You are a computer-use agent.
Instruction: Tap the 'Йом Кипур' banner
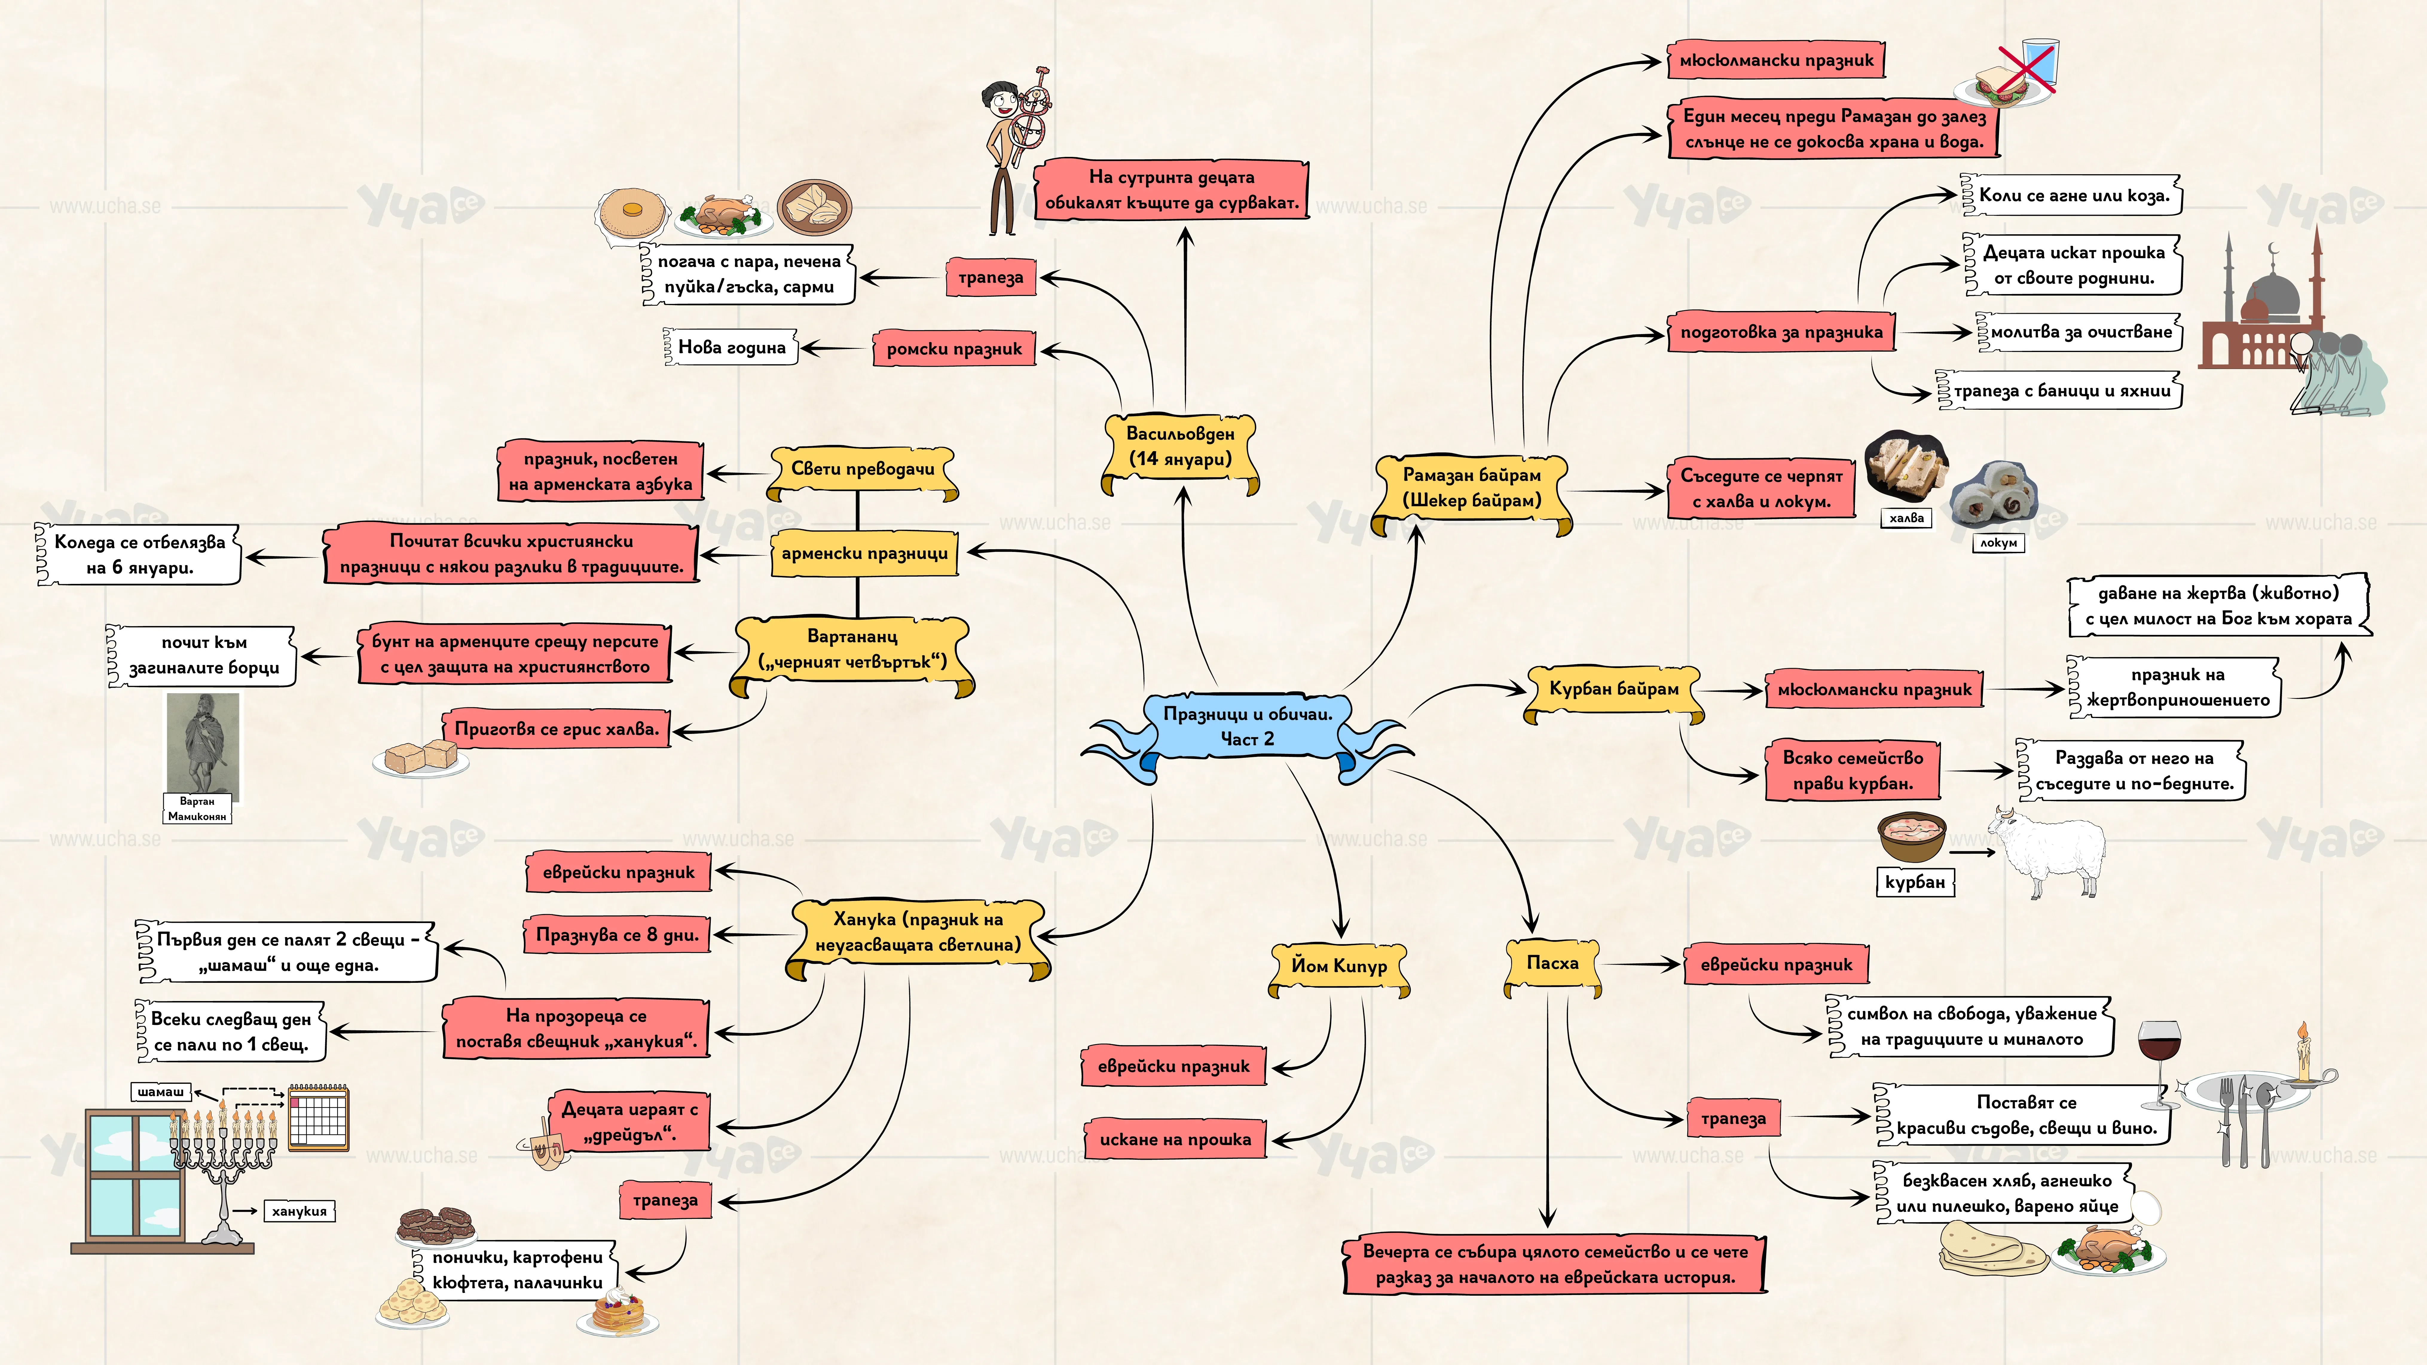click(x=1339, y=968)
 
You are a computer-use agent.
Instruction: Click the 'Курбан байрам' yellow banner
click(x=1614, y=691)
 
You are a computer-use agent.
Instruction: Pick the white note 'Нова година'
click(x=731, y=348)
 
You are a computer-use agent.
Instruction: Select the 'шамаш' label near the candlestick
click(x=161, y=1092)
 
